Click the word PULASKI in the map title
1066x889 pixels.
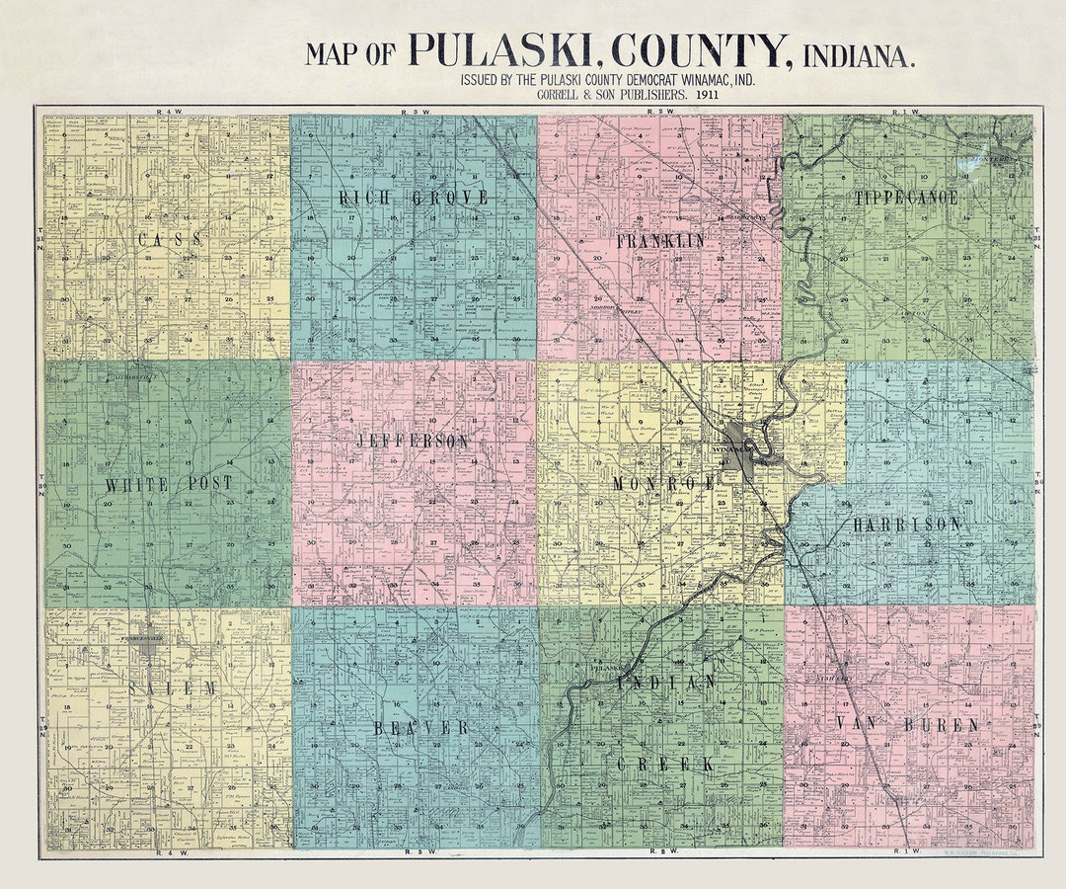502,50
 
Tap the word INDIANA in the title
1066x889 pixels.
859,54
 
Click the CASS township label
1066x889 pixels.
170,240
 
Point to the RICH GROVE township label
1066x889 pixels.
414,198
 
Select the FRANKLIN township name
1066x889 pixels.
660,241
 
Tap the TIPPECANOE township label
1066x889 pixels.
906,198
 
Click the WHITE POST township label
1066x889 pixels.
168,484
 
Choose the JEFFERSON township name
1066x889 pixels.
413,442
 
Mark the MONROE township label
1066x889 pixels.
662,484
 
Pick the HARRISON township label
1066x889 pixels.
906,525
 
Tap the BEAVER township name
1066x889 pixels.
420,728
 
